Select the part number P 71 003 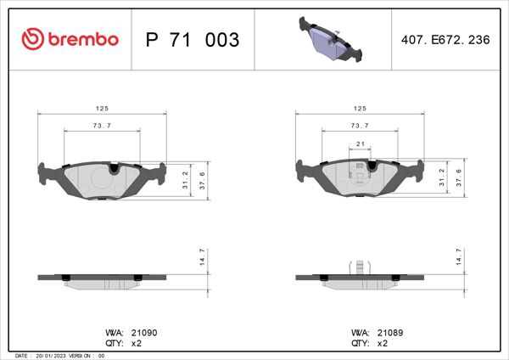(x=193, y=40)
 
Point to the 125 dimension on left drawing (x=101, y=109)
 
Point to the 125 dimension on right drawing (x=359, y=109)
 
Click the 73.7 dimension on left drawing (x=101, y=126)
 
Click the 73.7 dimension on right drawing (x=359, y=126)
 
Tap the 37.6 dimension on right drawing (x=458, y=177)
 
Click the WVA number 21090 (x=141, y=333)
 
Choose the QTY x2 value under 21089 (x=382, y=344)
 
